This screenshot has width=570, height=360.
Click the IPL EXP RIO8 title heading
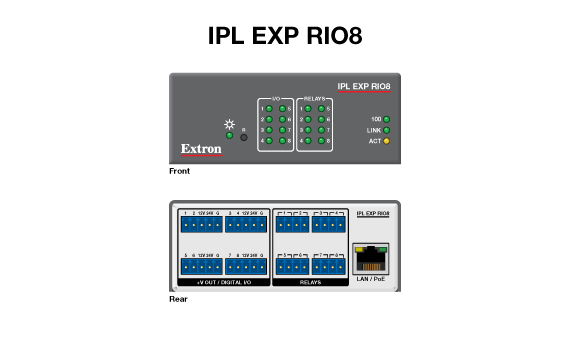285,36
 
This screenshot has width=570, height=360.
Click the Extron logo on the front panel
200,150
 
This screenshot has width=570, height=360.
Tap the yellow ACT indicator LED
386,142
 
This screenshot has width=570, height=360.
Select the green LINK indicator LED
386,131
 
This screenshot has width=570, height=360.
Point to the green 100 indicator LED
386,120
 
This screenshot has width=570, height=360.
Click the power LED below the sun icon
229,136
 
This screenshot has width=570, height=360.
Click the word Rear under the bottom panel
177,298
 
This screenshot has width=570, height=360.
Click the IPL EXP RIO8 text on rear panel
372,214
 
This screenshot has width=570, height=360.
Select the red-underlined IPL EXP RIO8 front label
364,87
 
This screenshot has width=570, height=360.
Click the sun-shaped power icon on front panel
229,124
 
